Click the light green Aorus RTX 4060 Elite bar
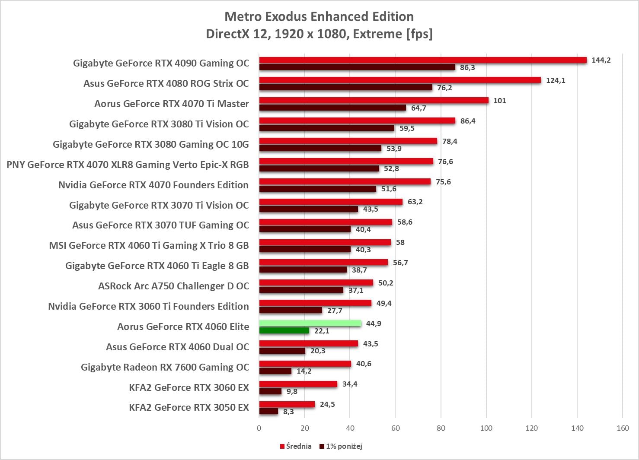click(310, 323)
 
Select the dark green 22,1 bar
click(284, 330)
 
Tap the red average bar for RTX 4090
click(423, 60)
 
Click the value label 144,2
click(601, 60)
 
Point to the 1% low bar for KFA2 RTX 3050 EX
click(268, 411)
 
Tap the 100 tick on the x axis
click(486, 428)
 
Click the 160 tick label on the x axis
click(623, 428)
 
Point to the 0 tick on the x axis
click(259, 428)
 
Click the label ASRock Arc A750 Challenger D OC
click(173, 286)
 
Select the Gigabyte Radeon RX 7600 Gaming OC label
click(165, 367)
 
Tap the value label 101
click(499, 101)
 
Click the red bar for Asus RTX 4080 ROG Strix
click(400, 80)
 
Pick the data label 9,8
click(292, 391)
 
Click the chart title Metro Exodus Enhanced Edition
click(319, 16)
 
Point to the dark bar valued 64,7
click(332, 108)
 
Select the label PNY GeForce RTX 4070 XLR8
click(128, 165)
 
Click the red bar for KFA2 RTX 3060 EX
click(298, 384)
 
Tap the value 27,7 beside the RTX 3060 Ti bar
click(335, 311)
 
